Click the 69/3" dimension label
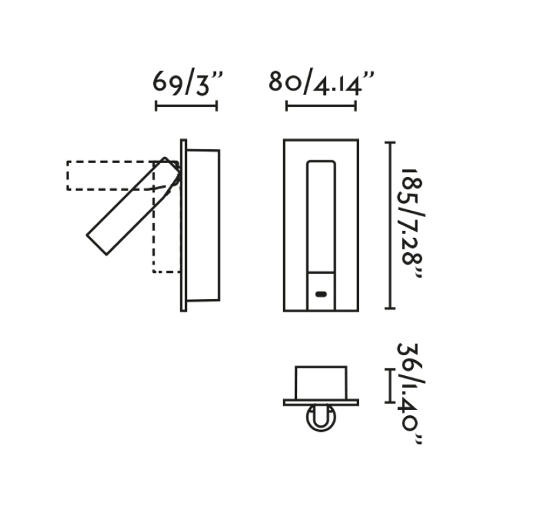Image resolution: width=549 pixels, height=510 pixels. pos(188,83)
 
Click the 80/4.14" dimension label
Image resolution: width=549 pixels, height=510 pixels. pos(321,83)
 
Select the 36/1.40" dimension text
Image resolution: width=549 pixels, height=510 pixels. pos(410,394)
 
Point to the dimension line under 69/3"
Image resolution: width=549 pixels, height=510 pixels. pos(186,106)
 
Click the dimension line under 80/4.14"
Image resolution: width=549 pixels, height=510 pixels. pos(321,106)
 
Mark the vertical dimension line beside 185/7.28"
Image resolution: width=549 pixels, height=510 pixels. pos(390,225)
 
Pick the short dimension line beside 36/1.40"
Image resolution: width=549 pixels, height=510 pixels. pos(390,386)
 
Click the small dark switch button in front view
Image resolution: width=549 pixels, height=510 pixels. pos(321,294)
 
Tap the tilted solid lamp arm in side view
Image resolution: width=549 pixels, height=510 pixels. pos(133,206)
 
